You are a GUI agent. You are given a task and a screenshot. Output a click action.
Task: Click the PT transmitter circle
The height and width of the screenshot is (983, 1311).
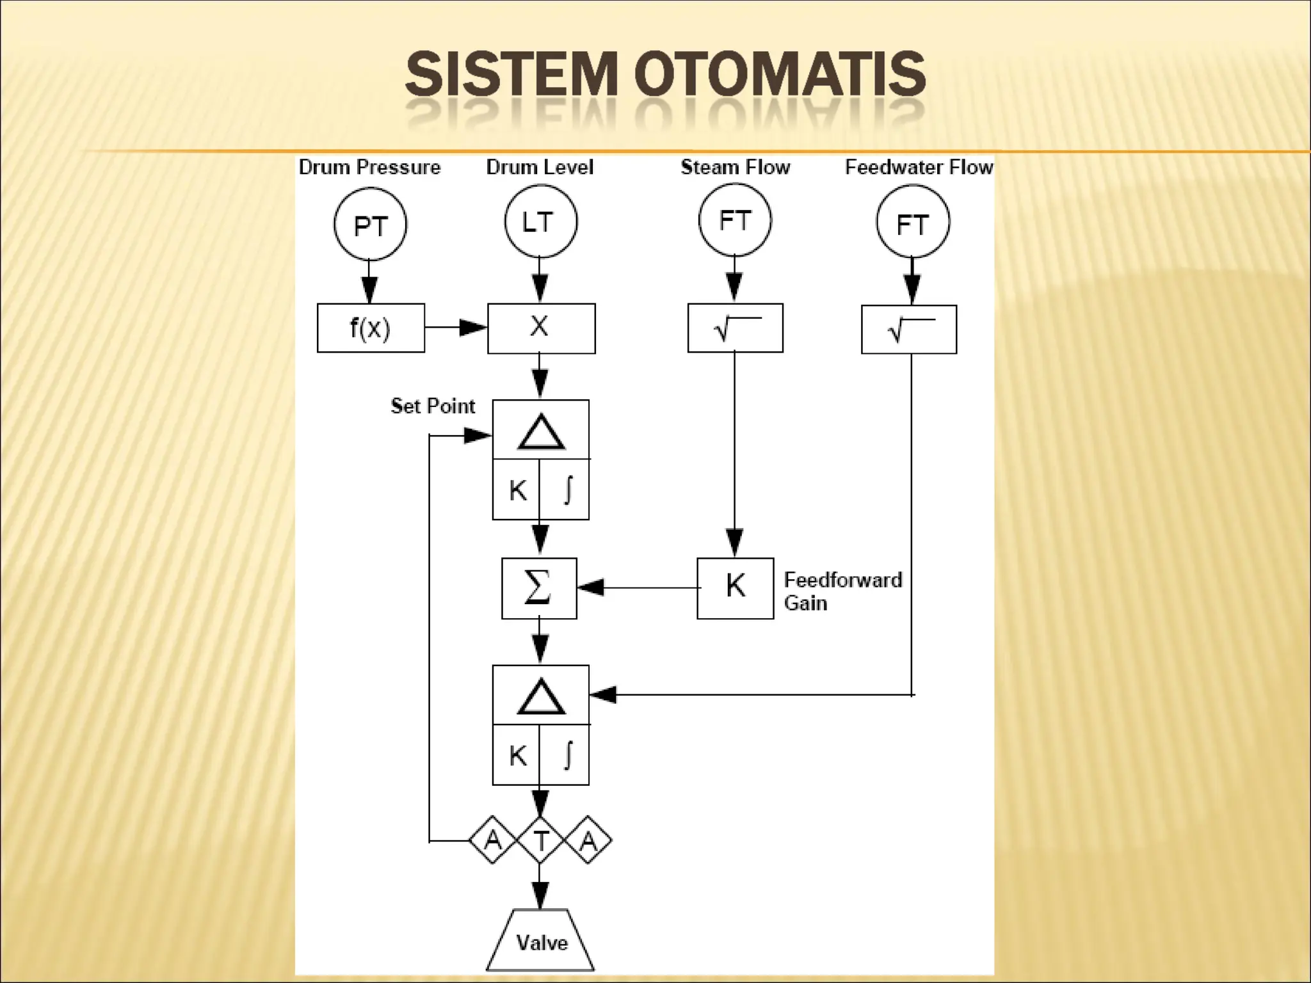pos(370,224)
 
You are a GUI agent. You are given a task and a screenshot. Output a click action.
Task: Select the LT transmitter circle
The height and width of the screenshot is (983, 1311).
pos(540,221)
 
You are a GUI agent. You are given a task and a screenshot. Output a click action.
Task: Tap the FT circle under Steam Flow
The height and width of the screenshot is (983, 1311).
pos(734,220)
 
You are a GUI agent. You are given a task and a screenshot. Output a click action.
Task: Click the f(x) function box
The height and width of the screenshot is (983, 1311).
pos(371,328)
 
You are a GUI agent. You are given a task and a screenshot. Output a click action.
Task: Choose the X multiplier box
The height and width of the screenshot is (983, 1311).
pos(541,328)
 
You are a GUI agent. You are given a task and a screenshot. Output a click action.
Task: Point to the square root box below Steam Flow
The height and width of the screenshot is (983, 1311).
pos(735,328)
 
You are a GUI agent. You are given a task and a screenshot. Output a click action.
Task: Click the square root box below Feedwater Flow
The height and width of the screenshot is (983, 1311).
pos(908,330)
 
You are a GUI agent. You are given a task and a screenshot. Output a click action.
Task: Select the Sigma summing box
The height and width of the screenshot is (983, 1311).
pos(539,588)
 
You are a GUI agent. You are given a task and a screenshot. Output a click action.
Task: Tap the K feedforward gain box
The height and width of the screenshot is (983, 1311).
pos(735,588)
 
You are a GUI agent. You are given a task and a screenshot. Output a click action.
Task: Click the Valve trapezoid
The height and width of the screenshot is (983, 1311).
pos(541,942)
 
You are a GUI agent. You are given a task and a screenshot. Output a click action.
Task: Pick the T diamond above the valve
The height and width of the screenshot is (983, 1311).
pos(540,840)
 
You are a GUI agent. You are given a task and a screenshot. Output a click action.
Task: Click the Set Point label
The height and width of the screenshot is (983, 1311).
pos(433,406)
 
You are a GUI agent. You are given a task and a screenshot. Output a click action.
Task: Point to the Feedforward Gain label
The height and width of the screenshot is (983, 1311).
pos(842,591)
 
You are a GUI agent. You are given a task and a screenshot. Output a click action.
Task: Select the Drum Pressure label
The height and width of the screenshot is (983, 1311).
pos(369,167)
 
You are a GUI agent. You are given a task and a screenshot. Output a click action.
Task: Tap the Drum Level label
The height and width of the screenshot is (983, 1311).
pos(540,167)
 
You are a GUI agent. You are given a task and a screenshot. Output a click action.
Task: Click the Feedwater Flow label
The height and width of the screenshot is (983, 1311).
pos(919,167)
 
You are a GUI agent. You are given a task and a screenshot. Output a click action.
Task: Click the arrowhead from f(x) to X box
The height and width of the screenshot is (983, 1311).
pos(473,328)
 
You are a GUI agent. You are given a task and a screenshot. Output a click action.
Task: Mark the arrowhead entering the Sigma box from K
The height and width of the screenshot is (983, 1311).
pos(590,587)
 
